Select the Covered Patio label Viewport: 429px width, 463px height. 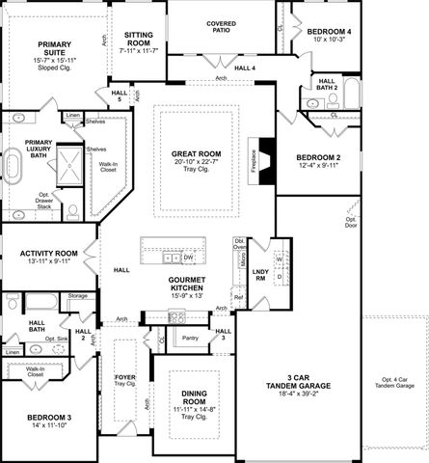pos(221,27)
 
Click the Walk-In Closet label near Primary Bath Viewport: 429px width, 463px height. pos(108,167)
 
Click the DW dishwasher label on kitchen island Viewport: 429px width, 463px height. pos(189,258)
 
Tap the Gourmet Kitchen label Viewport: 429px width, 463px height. pos(187,286)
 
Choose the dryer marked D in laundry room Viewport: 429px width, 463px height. pos(279,277)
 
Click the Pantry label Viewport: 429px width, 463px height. pos(189,338)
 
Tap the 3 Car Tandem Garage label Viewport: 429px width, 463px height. pos(298,383)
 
